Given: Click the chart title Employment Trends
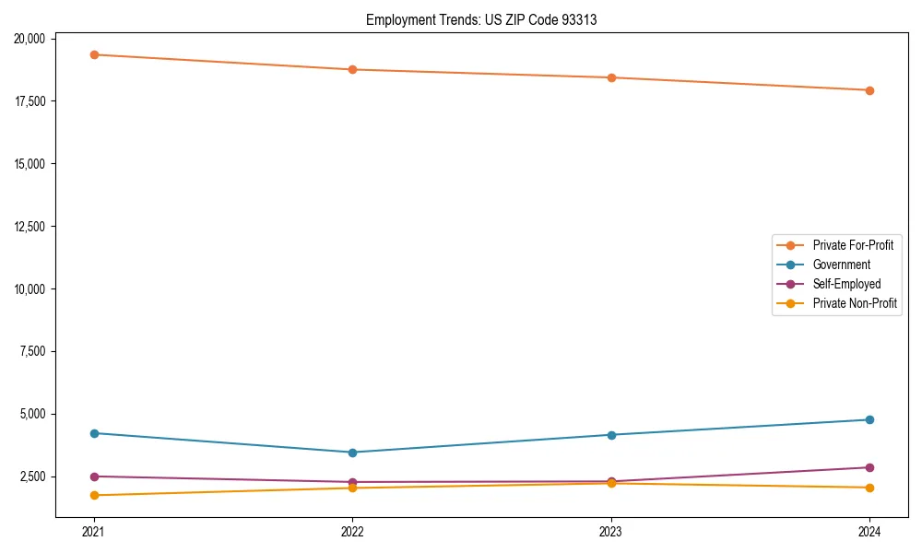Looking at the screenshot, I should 481,19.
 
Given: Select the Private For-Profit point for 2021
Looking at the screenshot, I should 94,54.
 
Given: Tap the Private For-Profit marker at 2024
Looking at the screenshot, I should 869,90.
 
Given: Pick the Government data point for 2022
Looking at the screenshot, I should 352,453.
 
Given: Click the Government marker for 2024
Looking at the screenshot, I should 869,419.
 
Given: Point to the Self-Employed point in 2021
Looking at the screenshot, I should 94,477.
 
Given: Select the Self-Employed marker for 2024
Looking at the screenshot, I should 869,467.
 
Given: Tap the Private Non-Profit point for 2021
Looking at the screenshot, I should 94,495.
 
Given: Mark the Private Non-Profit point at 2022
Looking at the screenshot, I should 352,488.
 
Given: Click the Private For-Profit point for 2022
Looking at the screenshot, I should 352,69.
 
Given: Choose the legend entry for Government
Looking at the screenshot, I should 841,265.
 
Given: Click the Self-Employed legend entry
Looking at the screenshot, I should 846,284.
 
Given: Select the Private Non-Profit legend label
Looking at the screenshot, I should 855,303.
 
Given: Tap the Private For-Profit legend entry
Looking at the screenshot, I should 853,245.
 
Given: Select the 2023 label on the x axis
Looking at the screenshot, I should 610,532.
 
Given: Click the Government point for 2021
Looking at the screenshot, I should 94,433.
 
